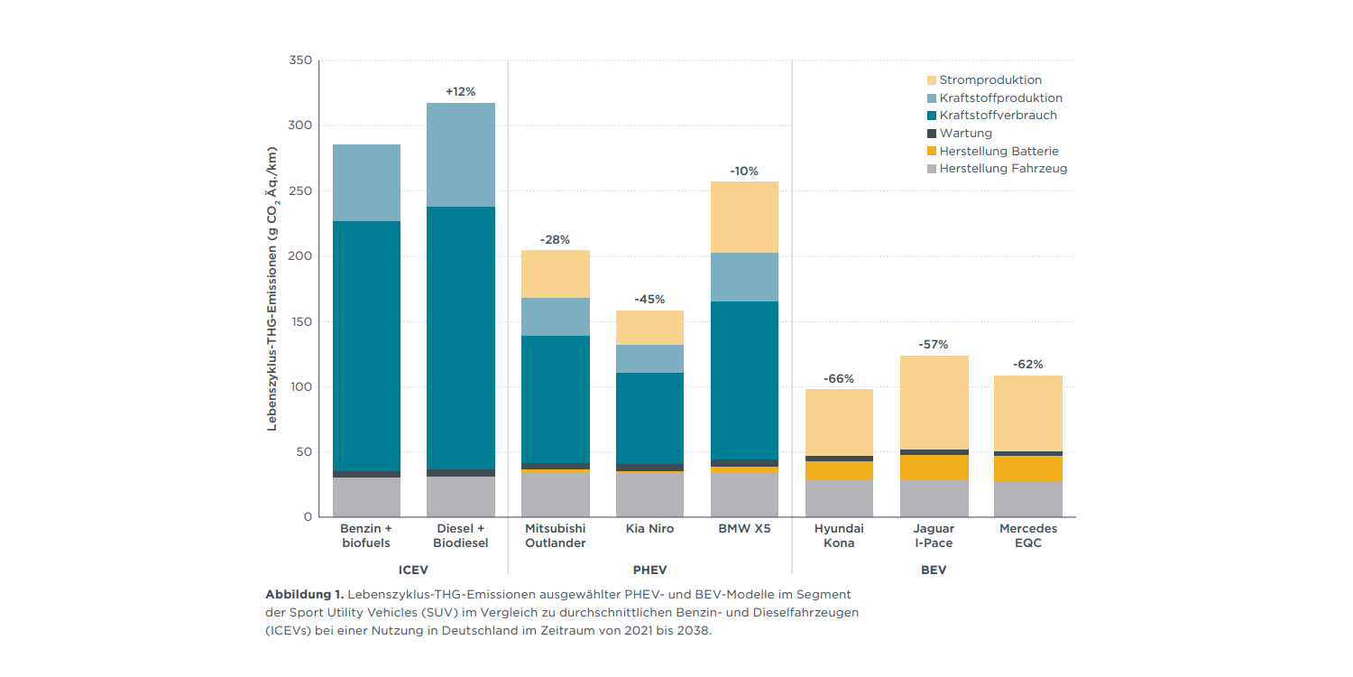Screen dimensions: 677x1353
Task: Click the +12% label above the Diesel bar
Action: pos(460,91)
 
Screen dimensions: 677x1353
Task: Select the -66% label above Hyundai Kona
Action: pos(839,378)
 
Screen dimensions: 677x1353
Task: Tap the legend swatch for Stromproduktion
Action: pos(931,80)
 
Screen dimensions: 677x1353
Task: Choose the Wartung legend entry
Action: pos(965,133)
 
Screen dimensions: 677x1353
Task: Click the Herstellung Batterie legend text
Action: pos(999,151)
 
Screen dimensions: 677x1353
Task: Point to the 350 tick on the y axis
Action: pos(300,60)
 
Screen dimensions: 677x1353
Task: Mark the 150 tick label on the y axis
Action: pos(300,321)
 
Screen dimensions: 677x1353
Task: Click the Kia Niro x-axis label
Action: pos(649,528)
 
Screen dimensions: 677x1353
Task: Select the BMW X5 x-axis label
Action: pos(744,528)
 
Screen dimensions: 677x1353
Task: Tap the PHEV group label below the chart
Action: pos(649,570)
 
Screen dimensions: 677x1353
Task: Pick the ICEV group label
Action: pos(413,570)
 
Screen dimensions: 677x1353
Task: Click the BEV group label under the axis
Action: pos(934,570)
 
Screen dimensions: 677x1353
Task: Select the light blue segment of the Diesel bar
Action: pos(461,154)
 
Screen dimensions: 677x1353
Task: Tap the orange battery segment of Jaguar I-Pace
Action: pos(934,467)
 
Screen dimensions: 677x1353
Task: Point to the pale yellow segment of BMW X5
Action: pos(744,217)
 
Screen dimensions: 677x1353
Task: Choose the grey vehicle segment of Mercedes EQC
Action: pos(1028,498)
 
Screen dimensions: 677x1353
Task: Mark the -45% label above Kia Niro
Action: pos(649,299)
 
